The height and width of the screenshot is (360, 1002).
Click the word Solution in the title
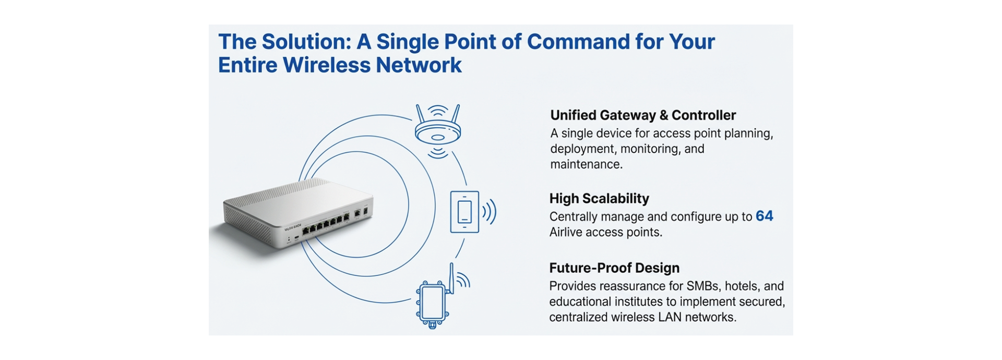[x=306, y=42]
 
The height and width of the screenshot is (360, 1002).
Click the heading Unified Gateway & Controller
[x=642, y=115]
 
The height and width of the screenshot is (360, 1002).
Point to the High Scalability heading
[x=599, y=199]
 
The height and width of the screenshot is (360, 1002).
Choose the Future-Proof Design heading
[x=614, y=268]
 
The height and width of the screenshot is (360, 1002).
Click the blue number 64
[x=764, y=216]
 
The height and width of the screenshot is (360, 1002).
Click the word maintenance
[x=586, y=164]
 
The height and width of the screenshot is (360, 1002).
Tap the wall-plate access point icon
[x=464, y=212]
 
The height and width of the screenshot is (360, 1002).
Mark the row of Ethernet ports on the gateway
[x=326, y=224]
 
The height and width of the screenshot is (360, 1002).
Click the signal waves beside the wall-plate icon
[x=489, y=212]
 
